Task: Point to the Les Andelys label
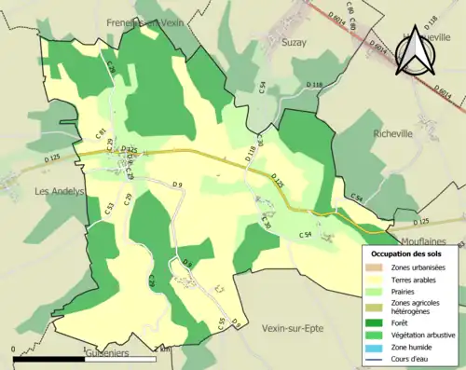click(x=59, y=191)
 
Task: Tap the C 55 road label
click(x=221, y=322)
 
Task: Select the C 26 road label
click(x=111, y=68)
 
